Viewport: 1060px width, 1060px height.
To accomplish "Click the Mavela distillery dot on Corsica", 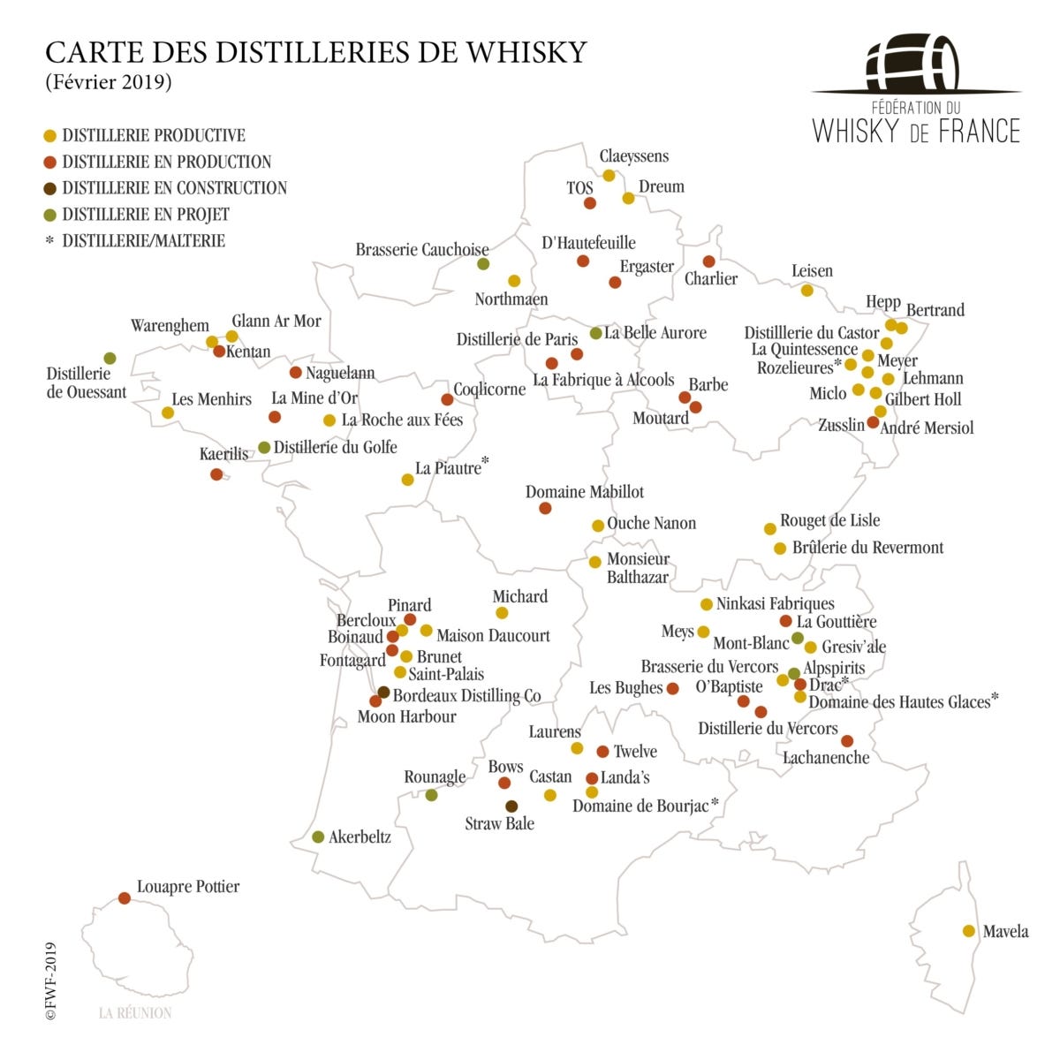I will pos(968,931).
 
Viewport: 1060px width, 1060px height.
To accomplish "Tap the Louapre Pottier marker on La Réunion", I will pos(125,898).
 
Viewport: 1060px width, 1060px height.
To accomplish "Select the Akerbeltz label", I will pos(360,837).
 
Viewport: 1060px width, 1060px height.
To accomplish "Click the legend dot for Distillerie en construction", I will pos(50,188).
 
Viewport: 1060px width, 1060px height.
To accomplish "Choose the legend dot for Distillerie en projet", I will pos(50,215).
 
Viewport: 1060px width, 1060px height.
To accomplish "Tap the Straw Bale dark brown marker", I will pos(511,806).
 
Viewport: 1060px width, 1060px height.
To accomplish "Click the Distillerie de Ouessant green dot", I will pos(110,358).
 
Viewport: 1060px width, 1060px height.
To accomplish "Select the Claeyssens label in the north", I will pos(634,156).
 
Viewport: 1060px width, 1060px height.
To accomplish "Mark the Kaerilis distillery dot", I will pos(216,474).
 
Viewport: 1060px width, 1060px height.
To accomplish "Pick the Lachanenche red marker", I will pos(847,741).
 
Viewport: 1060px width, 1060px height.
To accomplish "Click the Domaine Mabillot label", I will pos(585,492).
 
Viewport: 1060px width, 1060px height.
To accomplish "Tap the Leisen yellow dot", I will pos(806,291).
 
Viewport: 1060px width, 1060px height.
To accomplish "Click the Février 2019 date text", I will pos(108,82).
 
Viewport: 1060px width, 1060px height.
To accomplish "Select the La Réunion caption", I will pos(135,1013).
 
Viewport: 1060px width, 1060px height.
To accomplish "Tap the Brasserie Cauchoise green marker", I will pos(483,263).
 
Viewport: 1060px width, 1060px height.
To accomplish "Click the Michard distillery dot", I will pos(502,613).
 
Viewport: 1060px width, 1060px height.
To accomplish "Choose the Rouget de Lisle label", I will pos(829,520).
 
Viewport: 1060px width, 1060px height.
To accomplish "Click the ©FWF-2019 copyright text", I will pos(51,980).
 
